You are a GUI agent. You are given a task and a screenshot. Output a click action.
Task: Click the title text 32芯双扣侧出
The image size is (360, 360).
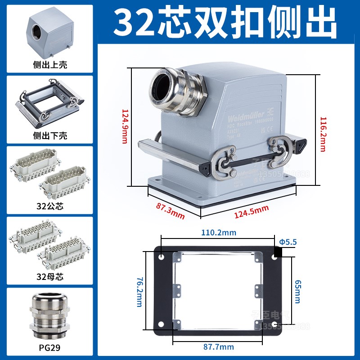[225, 22]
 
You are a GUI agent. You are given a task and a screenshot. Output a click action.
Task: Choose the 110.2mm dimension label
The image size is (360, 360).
[219, 233]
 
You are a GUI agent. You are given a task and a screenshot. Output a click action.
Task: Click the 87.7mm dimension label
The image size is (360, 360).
[218, 346]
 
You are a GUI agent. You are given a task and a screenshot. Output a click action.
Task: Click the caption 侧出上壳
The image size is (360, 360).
[50, 65]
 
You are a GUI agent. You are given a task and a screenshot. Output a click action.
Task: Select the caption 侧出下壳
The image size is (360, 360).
[50, 135]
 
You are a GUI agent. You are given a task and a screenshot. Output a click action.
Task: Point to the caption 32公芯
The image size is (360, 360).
[50, 207]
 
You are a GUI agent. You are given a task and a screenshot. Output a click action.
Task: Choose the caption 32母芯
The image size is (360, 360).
[50, 277]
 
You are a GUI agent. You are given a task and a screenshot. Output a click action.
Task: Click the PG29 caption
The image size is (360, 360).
[50, 348]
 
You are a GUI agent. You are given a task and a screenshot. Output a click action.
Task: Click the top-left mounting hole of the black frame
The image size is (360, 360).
[162, 259]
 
